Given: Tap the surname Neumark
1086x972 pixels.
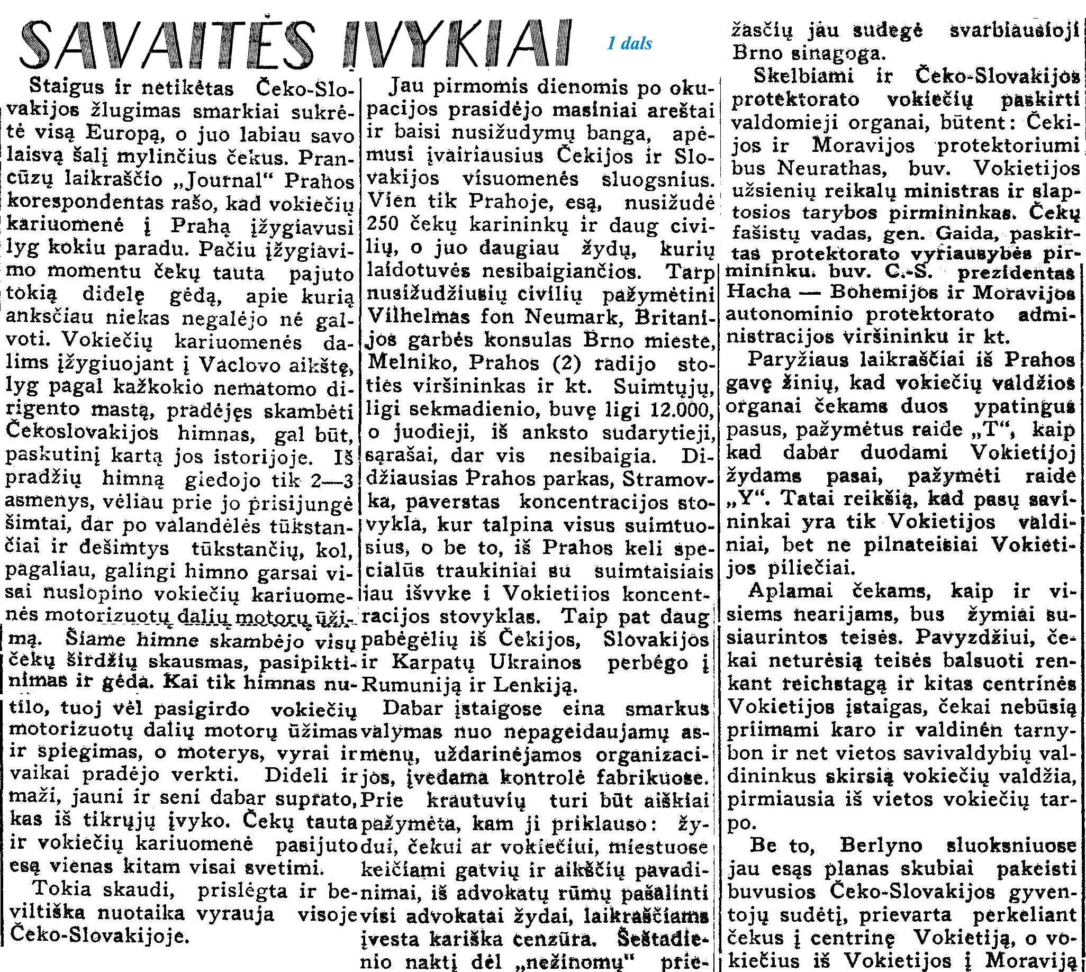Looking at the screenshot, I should (x=572, y=317).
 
